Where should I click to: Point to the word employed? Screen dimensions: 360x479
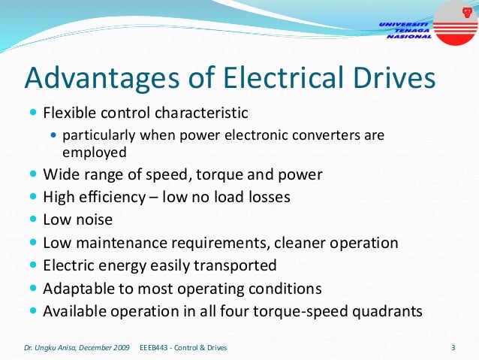(95, 151)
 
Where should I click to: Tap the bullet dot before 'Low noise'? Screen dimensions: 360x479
(32, 220)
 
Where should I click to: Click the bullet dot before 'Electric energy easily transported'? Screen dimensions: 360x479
(32, 265)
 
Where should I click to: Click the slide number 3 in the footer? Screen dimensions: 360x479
(453, 347)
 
